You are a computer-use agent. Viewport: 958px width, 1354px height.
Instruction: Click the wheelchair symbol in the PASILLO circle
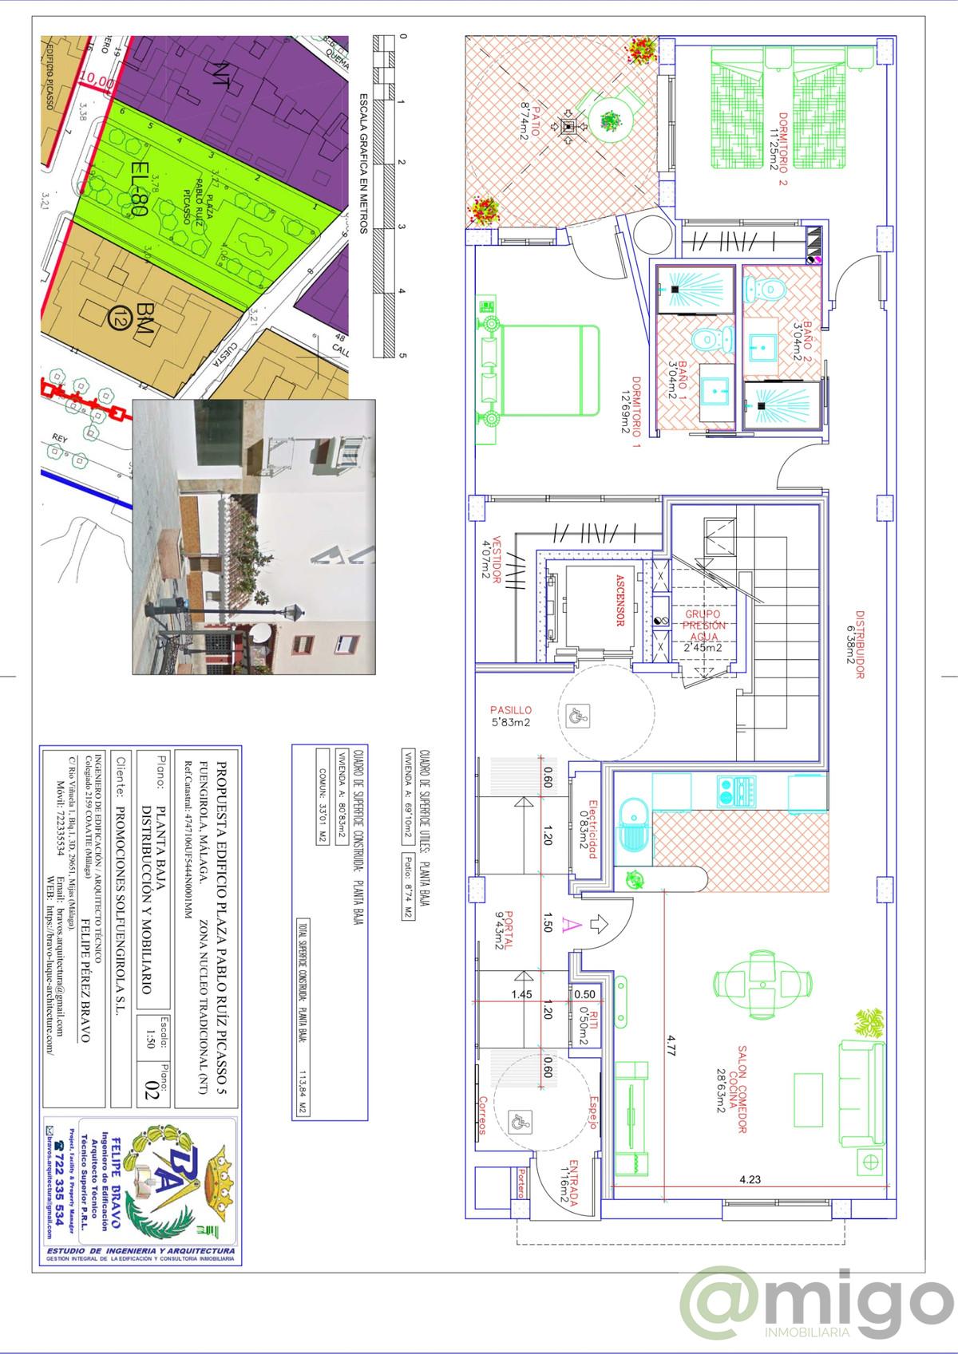pyautogui.click(x=576, y=716)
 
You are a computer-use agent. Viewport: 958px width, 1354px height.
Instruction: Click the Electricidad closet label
pyautogui.click(x=592, y=830)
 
